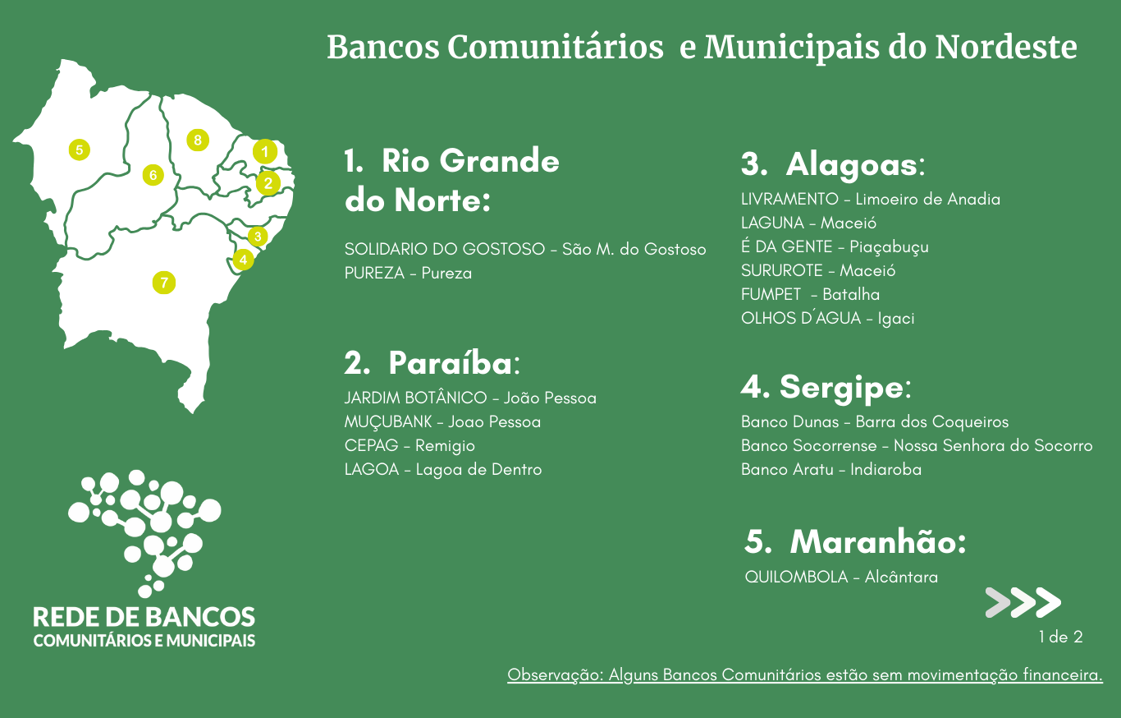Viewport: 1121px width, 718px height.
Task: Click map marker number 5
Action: pos(79,150)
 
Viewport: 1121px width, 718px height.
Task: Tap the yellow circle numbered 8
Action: pos(198,140)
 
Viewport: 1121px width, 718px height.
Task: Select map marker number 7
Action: pos(163,283)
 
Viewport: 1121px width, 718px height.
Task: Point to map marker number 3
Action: pos(258,236)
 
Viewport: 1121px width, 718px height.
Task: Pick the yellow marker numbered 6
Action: pos(153,175)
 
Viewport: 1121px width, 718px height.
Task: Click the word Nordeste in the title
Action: pos(1006,48)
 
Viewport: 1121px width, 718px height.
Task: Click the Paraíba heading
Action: pos(432,363)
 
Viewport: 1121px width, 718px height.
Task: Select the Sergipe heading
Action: pos(826,387)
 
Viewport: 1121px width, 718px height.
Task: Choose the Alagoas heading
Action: pos(833,164)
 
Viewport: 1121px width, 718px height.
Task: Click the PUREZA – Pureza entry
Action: pos(408,273)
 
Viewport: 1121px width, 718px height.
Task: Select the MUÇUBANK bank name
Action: pos(388,422)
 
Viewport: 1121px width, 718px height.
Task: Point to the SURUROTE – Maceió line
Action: pos(818,270)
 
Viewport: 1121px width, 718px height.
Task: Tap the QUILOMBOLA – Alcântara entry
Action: pos(841,577)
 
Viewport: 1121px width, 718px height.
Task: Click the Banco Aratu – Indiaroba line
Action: pos(831,469)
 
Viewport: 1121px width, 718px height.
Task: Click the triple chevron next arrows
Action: pos(1023,602)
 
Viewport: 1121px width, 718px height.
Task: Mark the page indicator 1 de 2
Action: pos(1060,637)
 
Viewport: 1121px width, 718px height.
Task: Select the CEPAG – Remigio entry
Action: pos(410,445)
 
